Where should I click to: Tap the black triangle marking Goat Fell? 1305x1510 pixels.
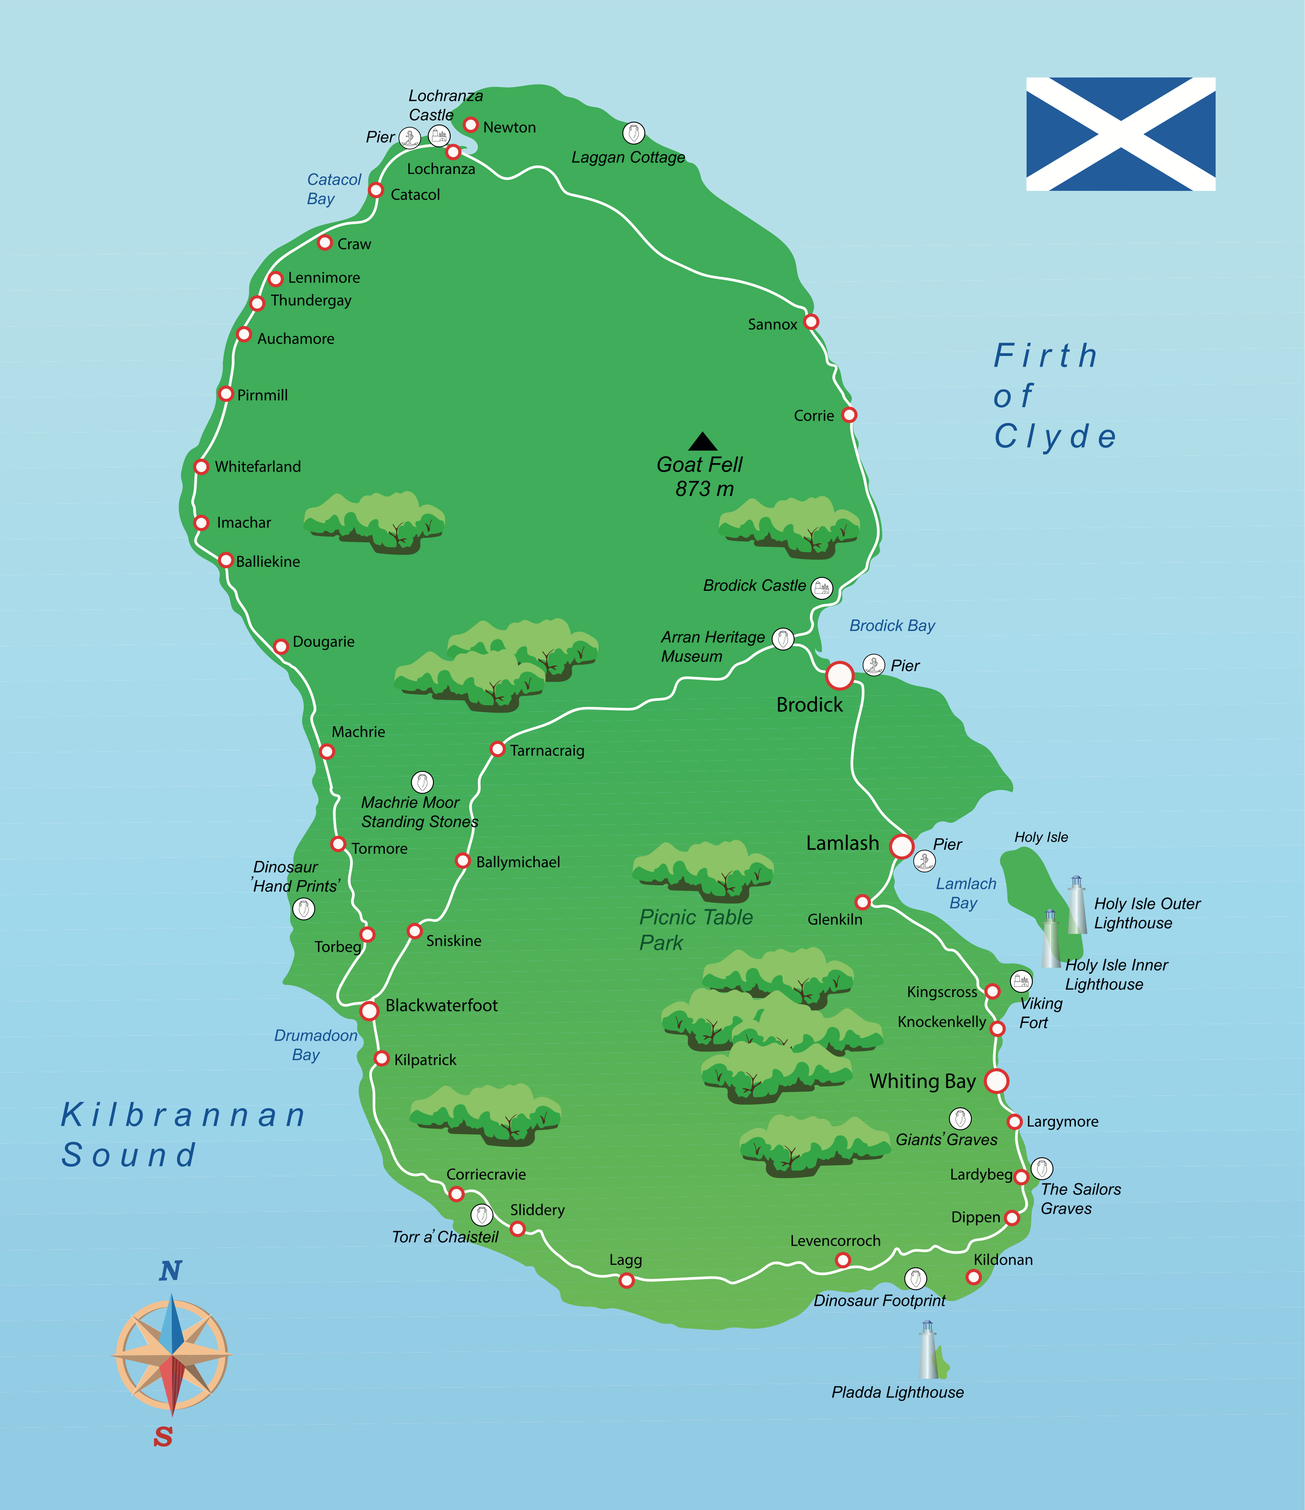703,442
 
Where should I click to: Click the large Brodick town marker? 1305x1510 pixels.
840,675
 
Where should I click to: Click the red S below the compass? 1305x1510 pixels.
163,1437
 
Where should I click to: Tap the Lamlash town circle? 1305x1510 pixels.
901,846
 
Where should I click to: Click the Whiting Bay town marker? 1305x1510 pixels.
996,1081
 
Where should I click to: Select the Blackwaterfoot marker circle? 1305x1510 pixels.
369,1011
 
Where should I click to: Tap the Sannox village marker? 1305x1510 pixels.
811,321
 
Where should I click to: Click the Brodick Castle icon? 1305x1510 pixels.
822,587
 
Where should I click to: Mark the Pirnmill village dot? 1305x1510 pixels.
226,394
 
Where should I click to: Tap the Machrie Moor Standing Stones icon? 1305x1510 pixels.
422,782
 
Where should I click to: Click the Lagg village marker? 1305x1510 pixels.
626,1280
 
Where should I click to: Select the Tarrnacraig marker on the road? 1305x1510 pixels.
497,748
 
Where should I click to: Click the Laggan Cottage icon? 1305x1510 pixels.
633,133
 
